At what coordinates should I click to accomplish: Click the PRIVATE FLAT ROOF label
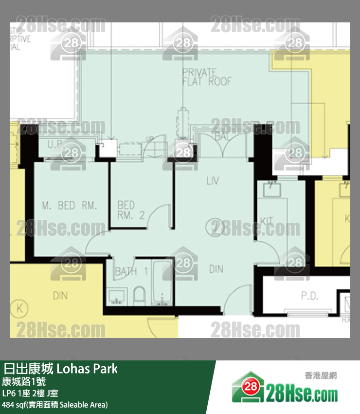pyautogui.click(x=207, y=77)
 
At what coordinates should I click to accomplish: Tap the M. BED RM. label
pyautogui.click(x=70, y=206)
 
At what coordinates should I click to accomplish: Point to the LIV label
pyautogui.click(x=213, y=181)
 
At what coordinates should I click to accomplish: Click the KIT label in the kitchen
pyautogui.click(x=267, y=221)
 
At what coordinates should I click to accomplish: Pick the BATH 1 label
pyautogui.click(x=131, y=272)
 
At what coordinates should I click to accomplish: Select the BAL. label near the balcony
pyautogui.click(x=222, y=138)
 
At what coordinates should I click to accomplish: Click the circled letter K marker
pyautogui.click(x=20, y=308)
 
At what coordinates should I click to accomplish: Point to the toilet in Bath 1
pyautogui.click(x=139, y=296)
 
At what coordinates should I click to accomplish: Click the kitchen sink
pyautogui.click(x=273, y=188)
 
